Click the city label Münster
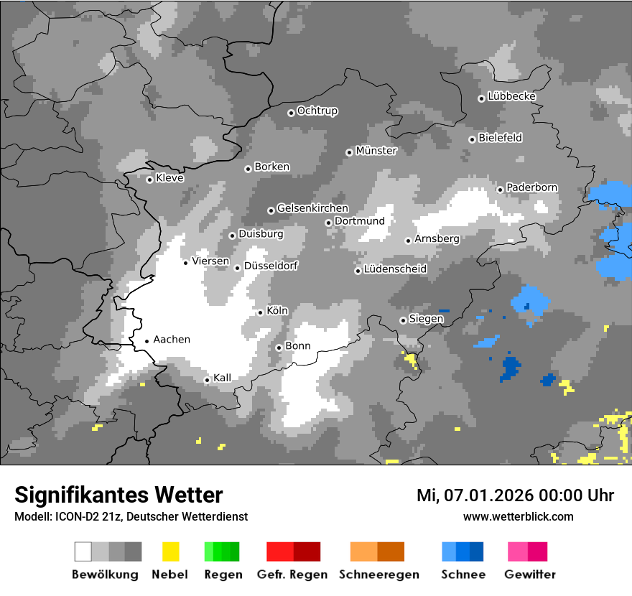(x=376, y=151)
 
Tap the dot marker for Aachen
(x=147, y=341)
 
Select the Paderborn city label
(x=531, y=187)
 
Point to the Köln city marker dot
(x=261, y=312)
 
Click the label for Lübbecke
(x=511, y=96)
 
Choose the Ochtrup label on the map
(x=317, y=111)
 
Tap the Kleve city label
(x=169, y=178)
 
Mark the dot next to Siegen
(x=403, y=320)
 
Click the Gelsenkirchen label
(x=312, y=208)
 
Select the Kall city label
(x=222, y=378)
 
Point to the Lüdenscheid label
(x=395, y=269)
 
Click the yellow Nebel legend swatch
(x=170, y=551)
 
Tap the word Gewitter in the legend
(x=530, y=574)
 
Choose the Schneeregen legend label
(x=379, y=574)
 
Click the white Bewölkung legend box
(x=83, y=551)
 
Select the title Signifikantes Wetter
(x=118, y=495)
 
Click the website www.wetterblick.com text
(x=518, y=516)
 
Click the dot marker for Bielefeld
(x=472, y=139)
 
